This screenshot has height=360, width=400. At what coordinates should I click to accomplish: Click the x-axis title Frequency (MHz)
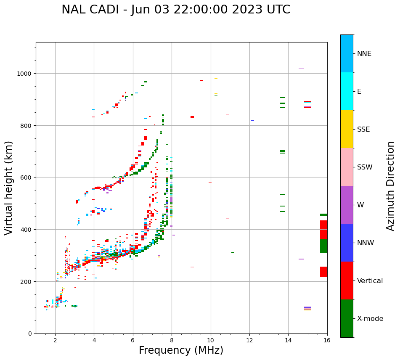181,350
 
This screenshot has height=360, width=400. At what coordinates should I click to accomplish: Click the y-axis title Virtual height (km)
9,188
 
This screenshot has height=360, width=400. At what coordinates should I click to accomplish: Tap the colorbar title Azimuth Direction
391,186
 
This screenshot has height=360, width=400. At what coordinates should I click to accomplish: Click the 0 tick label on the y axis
29,334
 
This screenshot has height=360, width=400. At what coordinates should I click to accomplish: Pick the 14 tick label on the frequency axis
288,341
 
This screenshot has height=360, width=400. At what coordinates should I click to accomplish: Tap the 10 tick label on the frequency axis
211,341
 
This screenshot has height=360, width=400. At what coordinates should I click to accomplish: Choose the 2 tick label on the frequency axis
55,341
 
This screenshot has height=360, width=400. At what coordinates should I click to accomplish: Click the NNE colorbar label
364,54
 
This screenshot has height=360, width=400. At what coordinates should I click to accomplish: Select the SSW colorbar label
365,167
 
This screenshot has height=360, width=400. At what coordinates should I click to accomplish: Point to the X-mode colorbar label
370,319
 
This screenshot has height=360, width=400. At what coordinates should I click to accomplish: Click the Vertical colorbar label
370,281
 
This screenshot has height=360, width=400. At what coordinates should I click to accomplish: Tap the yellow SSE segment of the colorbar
347,129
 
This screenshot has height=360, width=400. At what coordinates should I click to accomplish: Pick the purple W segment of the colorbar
347,205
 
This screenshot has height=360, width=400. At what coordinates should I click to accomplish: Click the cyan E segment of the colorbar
347,91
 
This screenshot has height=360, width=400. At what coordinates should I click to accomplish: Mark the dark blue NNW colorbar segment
347,243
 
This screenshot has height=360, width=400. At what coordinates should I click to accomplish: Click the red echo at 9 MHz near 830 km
192,117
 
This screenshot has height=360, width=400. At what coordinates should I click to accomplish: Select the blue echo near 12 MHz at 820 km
252,120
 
